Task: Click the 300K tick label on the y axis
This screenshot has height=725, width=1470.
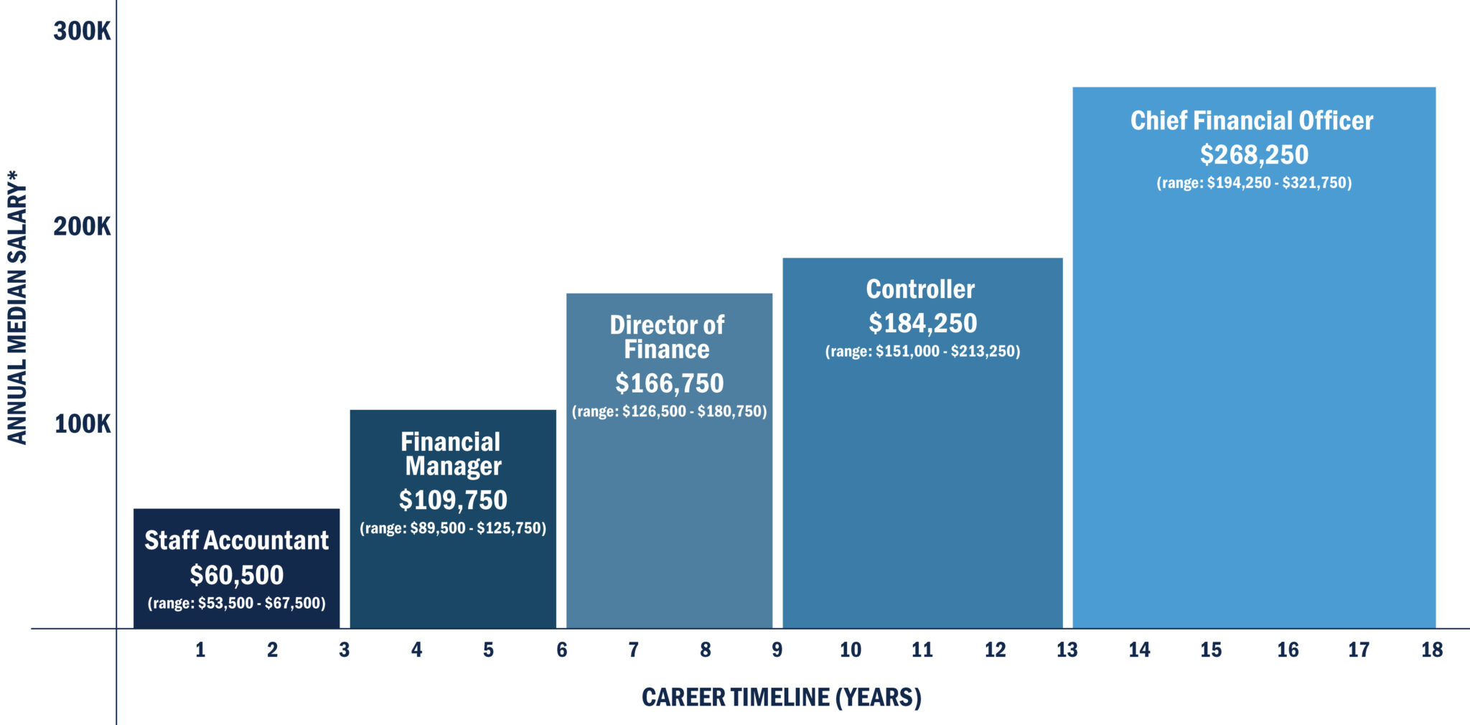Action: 82,32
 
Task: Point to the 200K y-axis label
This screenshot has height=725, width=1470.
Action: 82,227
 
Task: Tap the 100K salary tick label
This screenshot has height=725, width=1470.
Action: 83,424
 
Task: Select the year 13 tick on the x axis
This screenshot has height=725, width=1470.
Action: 1067,650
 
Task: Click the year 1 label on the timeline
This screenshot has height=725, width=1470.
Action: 200,650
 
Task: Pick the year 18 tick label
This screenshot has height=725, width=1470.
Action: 1431,650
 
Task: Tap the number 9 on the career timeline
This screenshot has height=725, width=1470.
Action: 777,650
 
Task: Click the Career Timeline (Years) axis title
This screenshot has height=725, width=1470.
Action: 781,698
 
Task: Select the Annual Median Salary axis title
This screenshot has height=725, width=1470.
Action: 17,307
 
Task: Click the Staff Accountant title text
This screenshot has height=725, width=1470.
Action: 236,541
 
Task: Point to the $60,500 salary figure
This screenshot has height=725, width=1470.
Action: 236,576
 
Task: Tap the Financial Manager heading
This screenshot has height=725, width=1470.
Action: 451,454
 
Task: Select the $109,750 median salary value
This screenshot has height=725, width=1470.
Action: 452,500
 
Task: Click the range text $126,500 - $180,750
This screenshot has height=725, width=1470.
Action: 669,412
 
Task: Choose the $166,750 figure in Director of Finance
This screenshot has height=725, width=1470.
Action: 669,383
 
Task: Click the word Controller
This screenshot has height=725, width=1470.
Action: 920,289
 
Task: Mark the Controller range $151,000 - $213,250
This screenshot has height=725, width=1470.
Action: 922,352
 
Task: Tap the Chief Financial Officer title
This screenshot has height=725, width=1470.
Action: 1252,121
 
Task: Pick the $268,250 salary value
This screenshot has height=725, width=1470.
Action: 1254,155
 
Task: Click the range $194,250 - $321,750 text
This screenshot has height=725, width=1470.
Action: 1254,183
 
